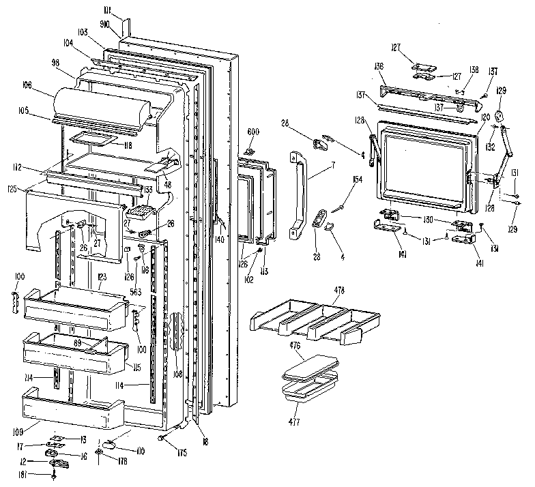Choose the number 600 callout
[x=252, y=132]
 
